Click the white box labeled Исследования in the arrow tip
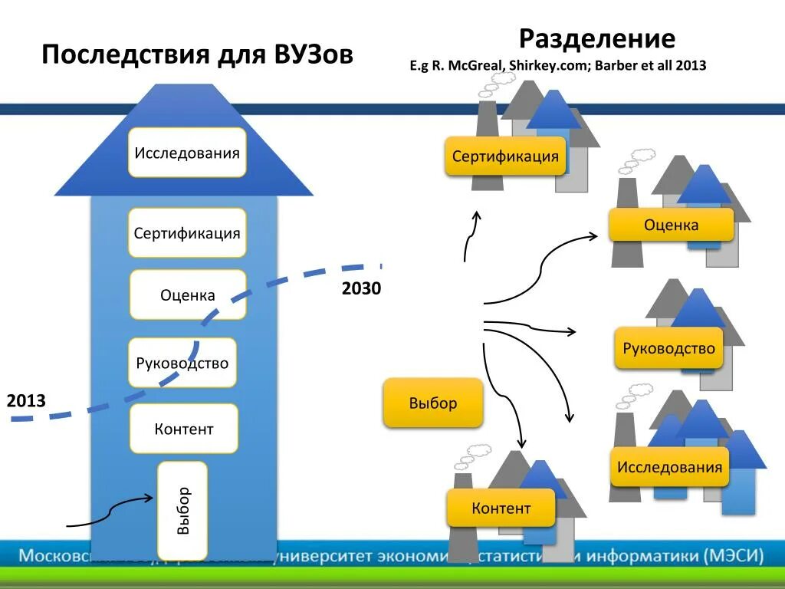click(187, 153)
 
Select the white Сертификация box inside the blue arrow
click(187, 233)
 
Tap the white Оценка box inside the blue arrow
click(188, 294)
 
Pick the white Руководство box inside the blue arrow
click(182, 363)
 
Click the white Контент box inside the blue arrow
click(184, 429)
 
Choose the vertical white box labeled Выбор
click(182, 510)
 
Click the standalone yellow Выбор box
click(433, 403)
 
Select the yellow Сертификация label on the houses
click(505, 156)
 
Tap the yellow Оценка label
click(671, 225)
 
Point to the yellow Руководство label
click(669, 348)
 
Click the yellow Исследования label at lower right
click(670, 467)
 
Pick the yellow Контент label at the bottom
click(501, 508)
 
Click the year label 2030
click(361, 289)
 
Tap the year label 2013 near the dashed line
click(26, 401)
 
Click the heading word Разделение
click(597, 38)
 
